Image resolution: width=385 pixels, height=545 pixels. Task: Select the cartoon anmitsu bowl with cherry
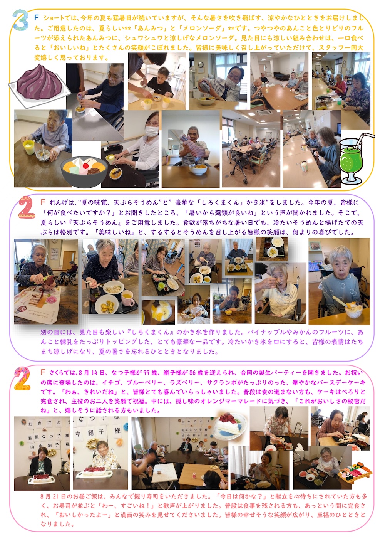click(x=84, y=171)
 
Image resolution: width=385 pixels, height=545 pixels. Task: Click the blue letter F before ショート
click(x=37, y=17)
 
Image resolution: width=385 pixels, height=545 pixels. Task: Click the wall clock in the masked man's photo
click(x=201, y=65)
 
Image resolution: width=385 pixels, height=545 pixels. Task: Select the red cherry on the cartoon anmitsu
click(x=85, y=165)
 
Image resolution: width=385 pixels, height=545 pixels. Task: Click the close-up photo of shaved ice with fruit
click(x=158, y=312)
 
